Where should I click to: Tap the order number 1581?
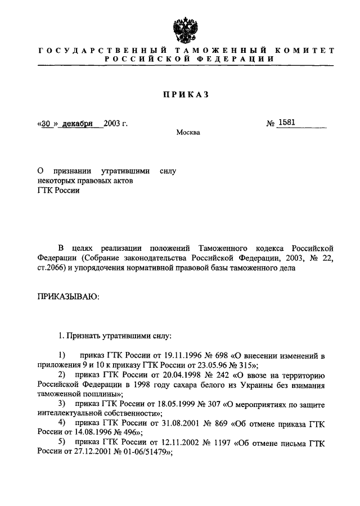[x=286, y=123]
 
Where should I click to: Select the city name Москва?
[x=187, y=133]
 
